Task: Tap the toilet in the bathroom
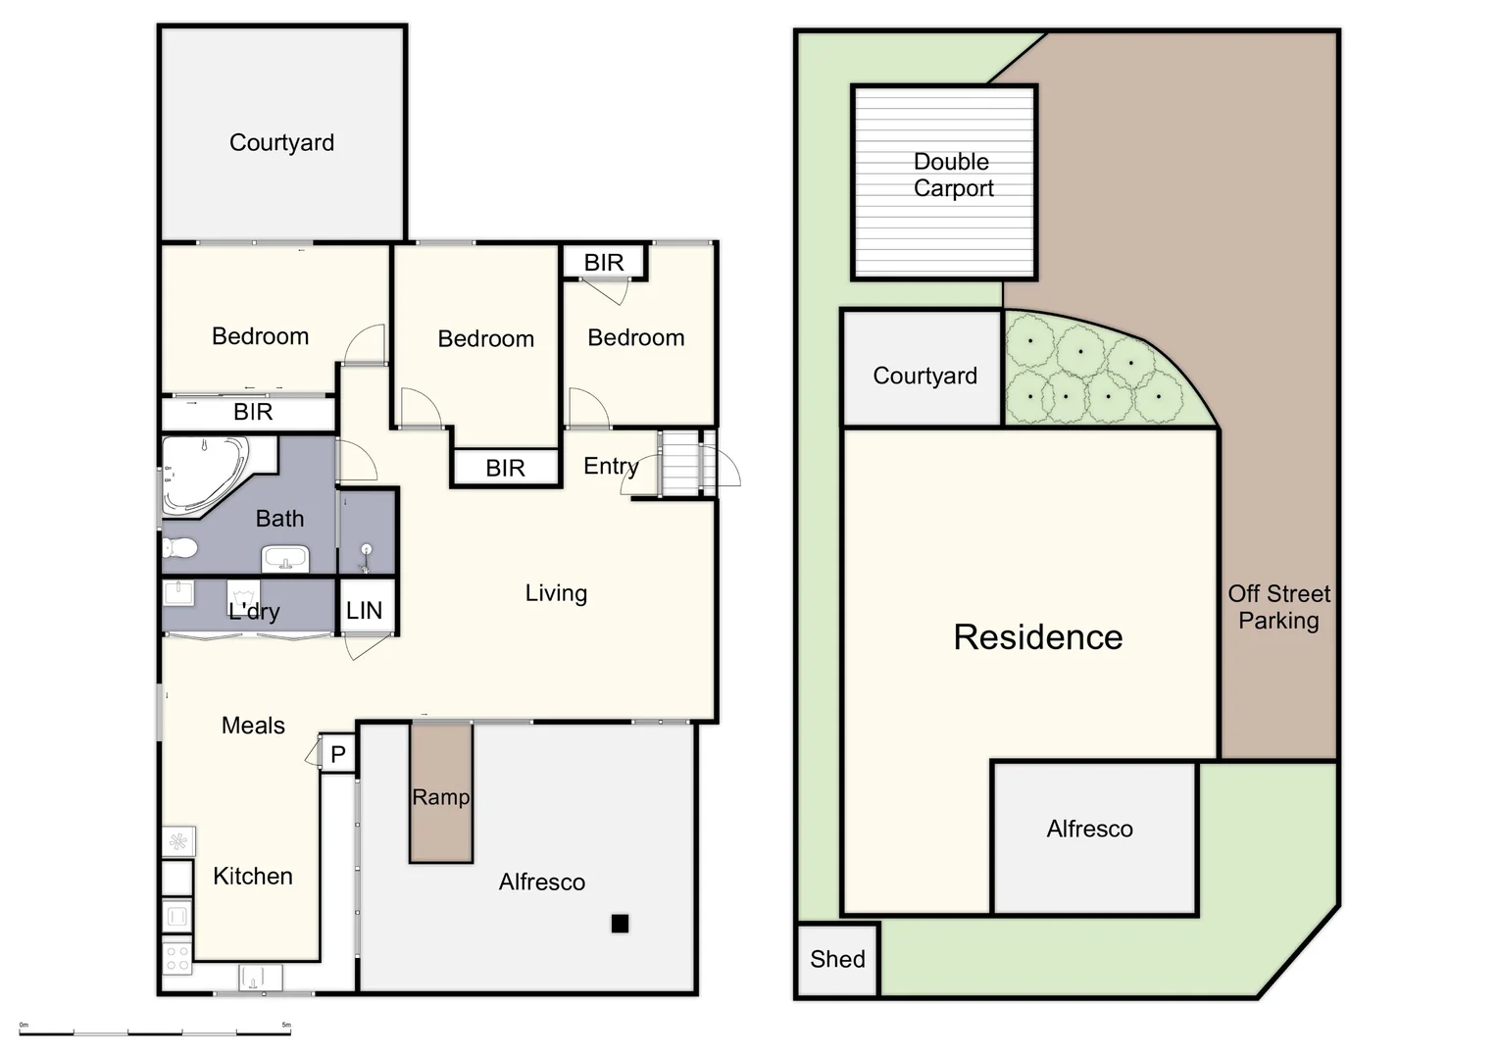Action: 178,547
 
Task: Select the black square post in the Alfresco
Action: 620,923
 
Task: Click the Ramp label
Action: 441,797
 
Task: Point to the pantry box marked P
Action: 338,754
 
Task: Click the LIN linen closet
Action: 365,610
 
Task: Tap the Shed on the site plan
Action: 837,959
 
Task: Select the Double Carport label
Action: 952,175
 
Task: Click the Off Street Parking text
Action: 1278,607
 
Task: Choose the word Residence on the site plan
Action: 1037,637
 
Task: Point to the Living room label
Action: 556,593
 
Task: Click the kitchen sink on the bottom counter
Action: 260,978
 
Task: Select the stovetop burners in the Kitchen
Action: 177,957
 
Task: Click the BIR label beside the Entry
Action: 505,468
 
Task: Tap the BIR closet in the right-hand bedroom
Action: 604,263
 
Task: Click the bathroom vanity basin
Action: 285,560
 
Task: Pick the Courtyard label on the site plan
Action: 924,376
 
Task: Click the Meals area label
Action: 253,726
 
